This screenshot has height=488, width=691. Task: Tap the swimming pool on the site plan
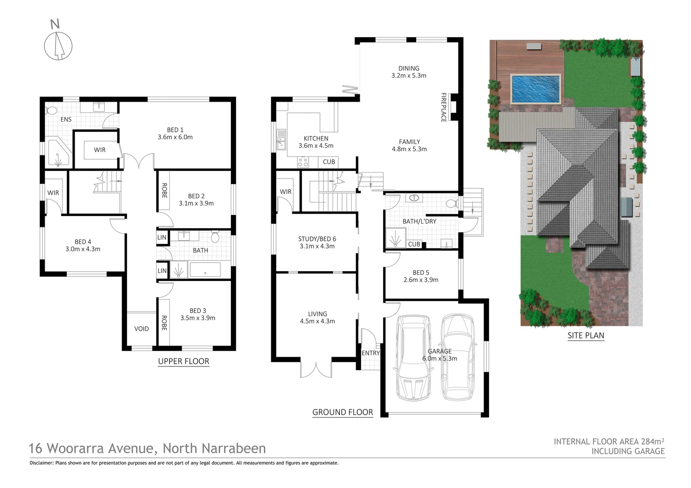point(536,89)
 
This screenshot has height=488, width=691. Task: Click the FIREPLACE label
point(443,107)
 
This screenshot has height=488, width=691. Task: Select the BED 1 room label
point(175,130)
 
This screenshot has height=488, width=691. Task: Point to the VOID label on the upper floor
point(141,328)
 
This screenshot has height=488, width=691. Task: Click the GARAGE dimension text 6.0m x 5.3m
point(440,359)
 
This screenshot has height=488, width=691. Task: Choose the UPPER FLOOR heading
point(183,361)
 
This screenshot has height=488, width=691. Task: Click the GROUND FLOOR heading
point(343,412)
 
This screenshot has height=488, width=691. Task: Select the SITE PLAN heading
point(586,335)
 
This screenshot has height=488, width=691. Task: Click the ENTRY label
point(371,353)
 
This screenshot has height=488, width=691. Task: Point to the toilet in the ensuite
point(51,110)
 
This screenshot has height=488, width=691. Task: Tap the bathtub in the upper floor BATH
point(205,270)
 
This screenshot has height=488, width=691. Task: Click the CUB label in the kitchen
point(329,162)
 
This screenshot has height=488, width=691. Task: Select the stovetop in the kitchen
point(303,162)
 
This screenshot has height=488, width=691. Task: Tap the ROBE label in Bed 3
point(164,323)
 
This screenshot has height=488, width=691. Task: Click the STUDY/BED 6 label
point(317,239)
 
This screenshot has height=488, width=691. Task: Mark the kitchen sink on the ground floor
point(281,139)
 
